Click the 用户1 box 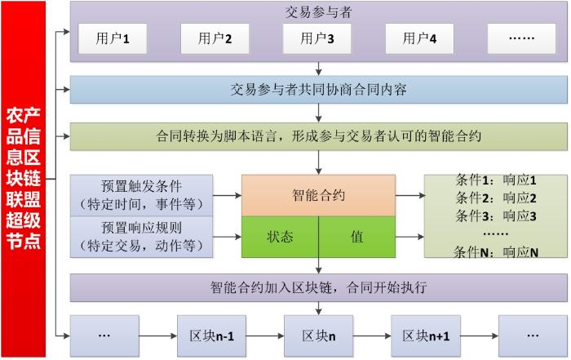pyautogui.click(x=113, y=38)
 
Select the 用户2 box pyautogui.click(x=215, y=38)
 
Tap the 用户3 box pyautogui.click(x=317, y=38)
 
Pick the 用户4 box pyautogui.click(x=419, y=38)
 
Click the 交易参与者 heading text pyautogui.click(x=318, y=12)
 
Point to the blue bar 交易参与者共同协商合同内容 pyautogui.click(x=319, y=90)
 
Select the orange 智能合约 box pyautogui.click(x=319, y=195)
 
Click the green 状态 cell pyautogui.click(x=280, y=237)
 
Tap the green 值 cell pyautogui.click(x=357, y=237)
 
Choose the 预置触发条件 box pyautogui.click(x=141, y=195)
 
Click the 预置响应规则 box pyautogui.click(x=141, y=237)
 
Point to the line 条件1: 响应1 pyautogui.click(x=496, y=180)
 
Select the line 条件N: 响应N pyautogui.click(x=496, y=252)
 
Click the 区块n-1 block pyautogui.click(x=211, y=336)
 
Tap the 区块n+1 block pyautogui.click(x=426, y=336)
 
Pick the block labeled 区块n pyautogui.click(x=319, y=336)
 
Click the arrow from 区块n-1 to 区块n pyautogui.click(x=265, y=336)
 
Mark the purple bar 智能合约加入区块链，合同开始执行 pyautogui.click(x=319, y=287)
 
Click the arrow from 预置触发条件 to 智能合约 pyautogui.click(x=228, y=196)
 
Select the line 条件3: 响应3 pyautogui.click(x=496, y=216)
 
